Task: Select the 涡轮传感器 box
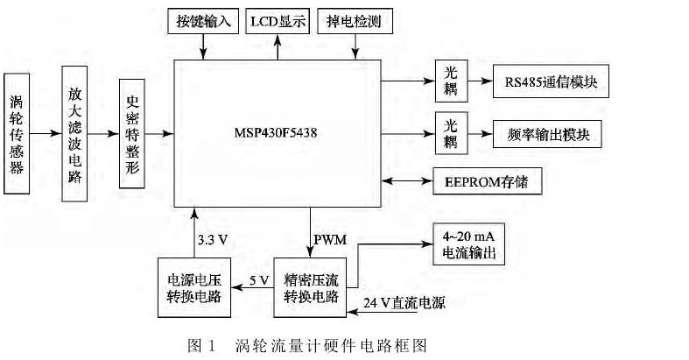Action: (18, 133)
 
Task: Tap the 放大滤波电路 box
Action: (77, 133)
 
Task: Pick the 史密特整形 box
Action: (133, 132)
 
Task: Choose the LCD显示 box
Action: (278, 21)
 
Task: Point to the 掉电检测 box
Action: (353, 21)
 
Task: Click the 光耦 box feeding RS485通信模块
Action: (449, 83)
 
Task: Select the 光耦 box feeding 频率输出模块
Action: (449, 133)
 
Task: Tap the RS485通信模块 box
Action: (549, 83)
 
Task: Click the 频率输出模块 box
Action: (549, 133)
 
